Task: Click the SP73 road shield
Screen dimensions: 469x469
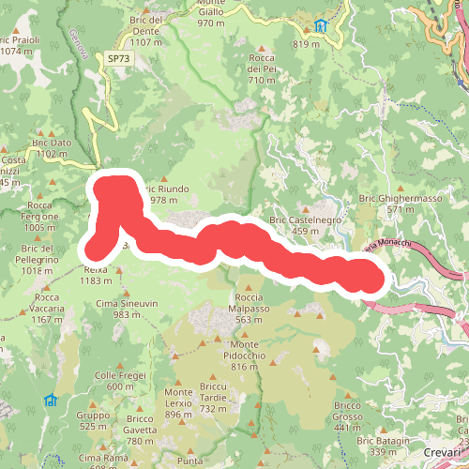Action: click(x=118, y=58)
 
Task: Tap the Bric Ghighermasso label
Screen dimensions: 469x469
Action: click(x=401, y=204)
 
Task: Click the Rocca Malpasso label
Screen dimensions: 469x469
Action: click(x=249, y=314)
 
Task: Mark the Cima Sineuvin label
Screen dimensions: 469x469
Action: click(x=123, y=310)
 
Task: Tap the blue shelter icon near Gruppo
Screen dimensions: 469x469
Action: click(x=50, y=401)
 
